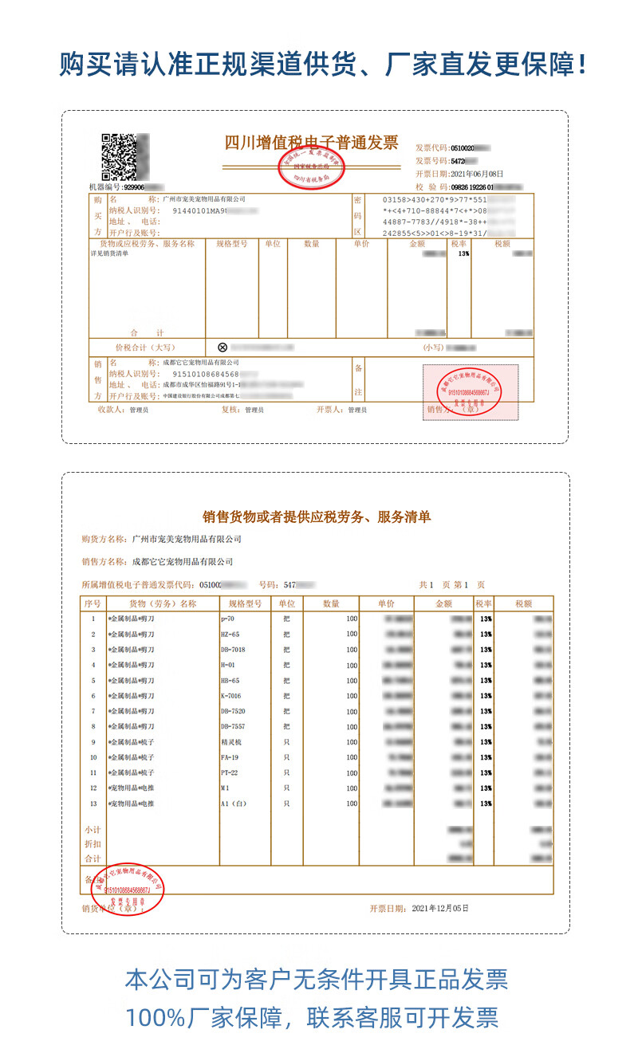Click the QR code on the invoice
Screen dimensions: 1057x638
click(x=125, y=156)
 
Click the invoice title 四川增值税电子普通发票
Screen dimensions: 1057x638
click(x=311, y=143)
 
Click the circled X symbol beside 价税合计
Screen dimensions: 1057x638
click(x=223, y=348)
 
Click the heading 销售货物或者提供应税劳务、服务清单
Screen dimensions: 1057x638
click(x=317, y=517)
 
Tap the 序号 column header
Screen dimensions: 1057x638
click(x=93, y=603)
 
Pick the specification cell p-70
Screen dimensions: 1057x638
click(x=228, y=619)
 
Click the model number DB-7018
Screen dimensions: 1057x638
click(x=233, y=650)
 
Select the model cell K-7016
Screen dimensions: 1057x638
click(x=231, y=696)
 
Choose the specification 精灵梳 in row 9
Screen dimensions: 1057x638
click(x=230, y=742)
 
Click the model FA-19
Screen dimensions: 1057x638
click(x=230, y=757)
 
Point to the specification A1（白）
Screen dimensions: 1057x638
click(x=234, y=804)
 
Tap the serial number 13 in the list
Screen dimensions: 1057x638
click(x=93, y=804)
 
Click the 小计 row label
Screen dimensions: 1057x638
click(x=93, y=830)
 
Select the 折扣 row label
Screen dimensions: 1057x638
click(x=93, y=843)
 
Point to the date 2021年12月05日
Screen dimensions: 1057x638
click(x=439, y=908)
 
